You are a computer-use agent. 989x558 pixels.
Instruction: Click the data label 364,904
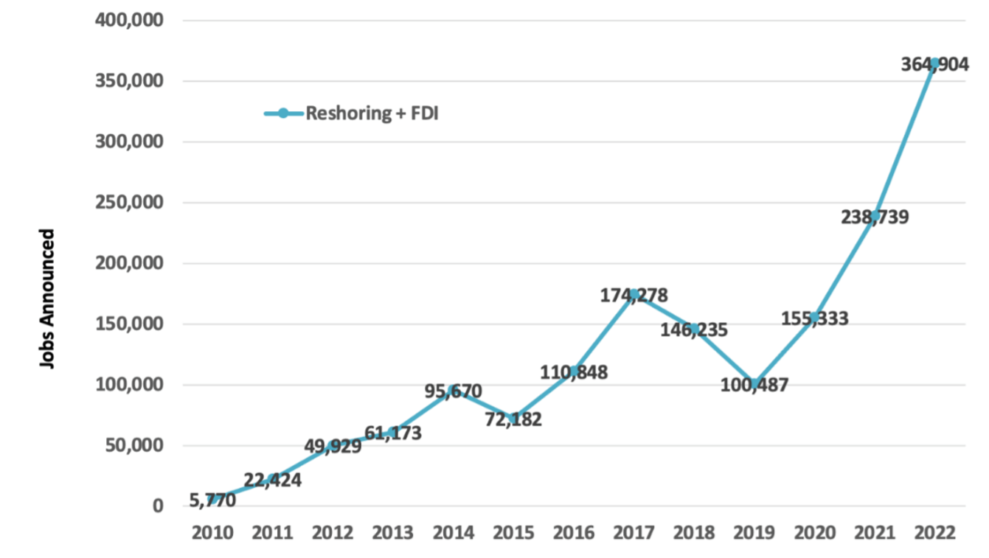click(934, 65)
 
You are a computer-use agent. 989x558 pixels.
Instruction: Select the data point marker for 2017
click(634, 294)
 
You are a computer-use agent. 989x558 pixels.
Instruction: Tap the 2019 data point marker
click(754, 383)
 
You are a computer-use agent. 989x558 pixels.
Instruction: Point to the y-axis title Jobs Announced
click(47, 299)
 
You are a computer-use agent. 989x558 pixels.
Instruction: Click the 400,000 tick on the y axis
click(130, 20)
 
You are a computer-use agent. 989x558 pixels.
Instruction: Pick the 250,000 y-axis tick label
click(130, 203)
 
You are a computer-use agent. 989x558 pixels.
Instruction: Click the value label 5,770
click(212, 501)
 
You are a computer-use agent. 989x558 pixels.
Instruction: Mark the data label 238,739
click(874, 217)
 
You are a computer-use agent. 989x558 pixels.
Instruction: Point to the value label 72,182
click(513, 420)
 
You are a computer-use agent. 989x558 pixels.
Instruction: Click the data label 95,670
click(453, 391)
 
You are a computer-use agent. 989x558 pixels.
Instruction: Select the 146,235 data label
click(693, 329)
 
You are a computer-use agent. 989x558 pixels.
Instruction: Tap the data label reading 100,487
click(754, 385)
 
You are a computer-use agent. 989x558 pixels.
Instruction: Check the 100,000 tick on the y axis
click(130, 385)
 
